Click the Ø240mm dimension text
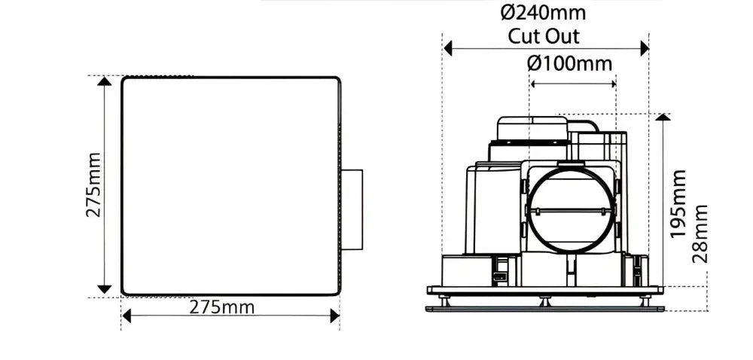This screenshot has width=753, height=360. pyautogui.click(x=543, y=13)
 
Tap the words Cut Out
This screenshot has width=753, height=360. pyautogui.click(x=544, y=36)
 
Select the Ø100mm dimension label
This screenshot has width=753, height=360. pyautogui.click(x=570, y=63)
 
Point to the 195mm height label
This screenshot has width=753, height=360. pyautogui.click(x=678, y=203)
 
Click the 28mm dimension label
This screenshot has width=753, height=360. pyautogui.click(x=700, y=234)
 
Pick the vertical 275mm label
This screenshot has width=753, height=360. pyautogui.click(x=93, y=185)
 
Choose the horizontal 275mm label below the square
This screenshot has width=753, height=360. pyautogui.click(x=222, y=307)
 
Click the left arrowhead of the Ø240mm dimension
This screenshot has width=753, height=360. pyautogui.click(x=448, y=48)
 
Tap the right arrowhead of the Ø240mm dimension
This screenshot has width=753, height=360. pyautogui.click(x=645, y=48)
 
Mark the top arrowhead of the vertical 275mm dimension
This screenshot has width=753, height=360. pyautogui.click(x=104, y=81)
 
